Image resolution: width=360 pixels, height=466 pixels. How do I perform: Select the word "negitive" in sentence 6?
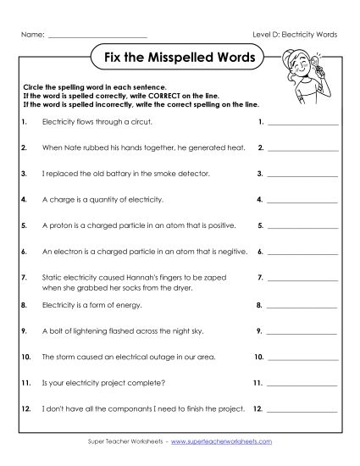tap(234, 252)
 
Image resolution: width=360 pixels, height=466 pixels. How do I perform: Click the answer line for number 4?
tap(302, 201)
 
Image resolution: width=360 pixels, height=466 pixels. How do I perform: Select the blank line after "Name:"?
tap(97, 36)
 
